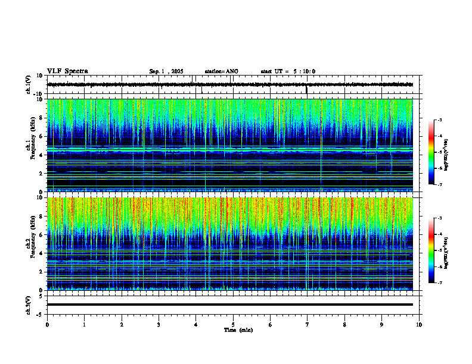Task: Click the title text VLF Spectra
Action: pos(67,71)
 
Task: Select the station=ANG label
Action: pos(221,71)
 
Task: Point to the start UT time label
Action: pos(288,71)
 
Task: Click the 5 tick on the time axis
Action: pos(233,325)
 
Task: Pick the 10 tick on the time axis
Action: pos(419,325)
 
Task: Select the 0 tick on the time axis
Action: pos(47,325)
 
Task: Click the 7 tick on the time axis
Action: pos(308,325)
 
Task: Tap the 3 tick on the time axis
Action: pos(159,325)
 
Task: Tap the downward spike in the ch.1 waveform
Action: pos(306,90)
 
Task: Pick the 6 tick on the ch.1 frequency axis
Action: pos(41,136)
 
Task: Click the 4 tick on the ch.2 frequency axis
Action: pos(41,253)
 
